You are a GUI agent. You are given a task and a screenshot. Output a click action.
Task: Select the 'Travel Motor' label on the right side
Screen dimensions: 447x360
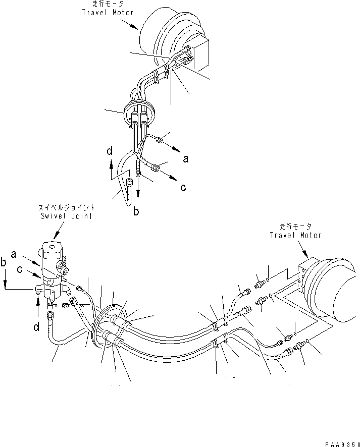pos(295,235)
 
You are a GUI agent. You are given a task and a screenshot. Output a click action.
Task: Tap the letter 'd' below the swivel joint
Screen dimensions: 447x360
pos(36,327)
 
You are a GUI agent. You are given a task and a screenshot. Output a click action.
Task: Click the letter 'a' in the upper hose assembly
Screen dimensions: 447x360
pos(186,158)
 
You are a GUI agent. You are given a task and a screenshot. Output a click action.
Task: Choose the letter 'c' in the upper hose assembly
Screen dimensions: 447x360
pos(182,187)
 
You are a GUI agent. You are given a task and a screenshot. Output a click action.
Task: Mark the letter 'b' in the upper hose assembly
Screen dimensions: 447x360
pos(136,212)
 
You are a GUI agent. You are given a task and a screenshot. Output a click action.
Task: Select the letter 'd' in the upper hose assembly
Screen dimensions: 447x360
pos(110,151)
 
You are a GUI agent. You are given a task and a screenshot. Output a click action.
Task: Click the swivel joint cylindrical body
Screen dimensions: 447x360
pos(54,267)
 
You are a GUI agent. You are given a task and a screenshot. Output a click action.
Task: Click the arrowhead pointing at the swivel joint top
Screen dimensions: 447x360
pos(55,237)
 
